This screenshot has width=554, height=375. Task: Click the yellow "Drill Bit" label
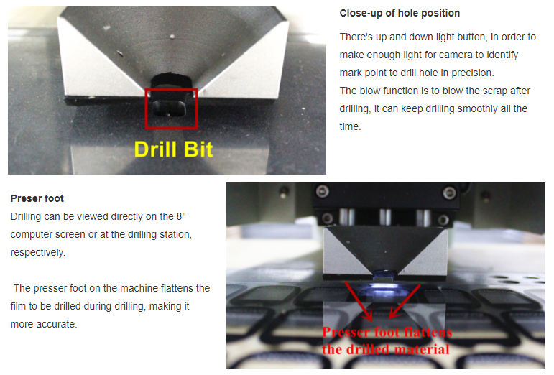pos(173,149)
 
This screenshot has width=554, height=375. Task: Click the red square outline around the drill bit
pos(146,108)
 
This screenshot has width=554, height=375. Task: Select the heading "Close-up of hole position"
pos(400,14)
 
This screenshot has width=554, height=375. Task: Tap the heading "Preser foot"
pos(37,198)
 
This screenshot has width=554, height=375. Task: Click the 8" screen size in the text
pos(181,216)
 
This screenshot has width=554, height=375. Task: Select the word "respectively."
pos(38,252)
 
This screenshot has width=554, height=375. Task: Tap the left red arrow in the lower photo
pos(359,301)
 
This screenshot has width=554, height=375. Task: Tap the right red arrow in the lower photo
pos(405,301)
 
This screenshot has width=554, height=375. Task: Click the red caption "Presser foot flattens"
pos(387,332)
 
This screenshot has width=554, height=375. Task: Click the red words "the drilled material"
pos(385,349)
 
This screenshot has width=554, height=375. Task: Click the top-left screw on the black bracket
pos(323,192)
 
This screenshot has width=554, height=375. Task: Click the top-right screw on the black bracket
pos(449,193)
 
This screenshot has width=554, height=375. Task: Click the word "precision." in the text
pos(473,73)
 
